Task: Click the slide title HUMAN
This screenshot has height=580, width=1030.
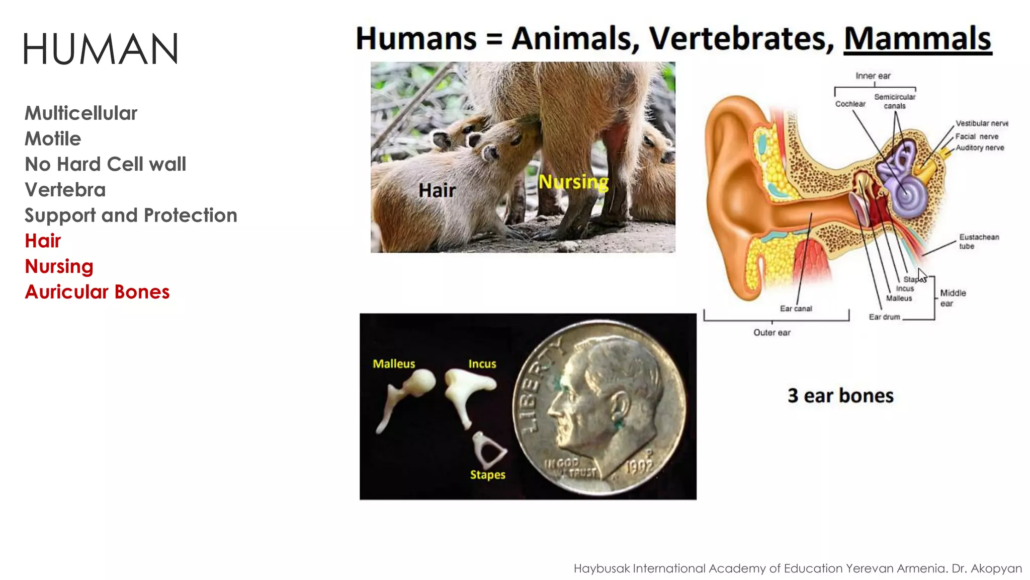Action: coord(101,49)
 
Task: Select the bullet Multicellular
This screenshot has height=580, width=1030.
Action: coord(81,113)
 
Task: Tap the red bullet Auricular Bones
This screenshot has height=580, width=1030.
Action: coord(97,292)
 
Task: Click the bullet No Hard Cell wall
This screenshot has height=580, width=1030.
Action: coord(105,164)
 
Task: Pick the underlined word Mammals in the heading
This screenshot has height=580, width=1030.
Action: coord(917,39)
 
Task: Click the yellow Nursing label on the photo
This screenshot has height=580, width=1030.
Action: coord(573,182)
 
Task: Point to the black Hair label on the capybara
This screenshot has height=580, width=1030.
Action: coord(437,190)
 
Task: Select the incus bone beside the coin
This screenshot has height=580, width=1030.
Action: coord(465,390)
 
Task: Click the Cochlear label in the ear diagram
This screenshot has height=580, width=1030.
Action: coord(850,104)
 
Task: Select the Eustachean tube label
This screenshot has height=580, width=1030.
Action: coord(978,241)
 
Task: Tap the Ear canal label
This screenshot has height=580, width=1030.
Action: coord(796,309)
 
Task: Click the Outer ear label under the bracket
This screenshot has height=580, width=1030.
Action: coord(771,332)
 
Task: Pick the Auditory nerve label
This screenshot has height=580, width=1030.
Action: coord(979,148)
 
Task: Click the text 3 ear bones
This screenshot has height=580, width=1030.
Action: coord(840,396)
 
